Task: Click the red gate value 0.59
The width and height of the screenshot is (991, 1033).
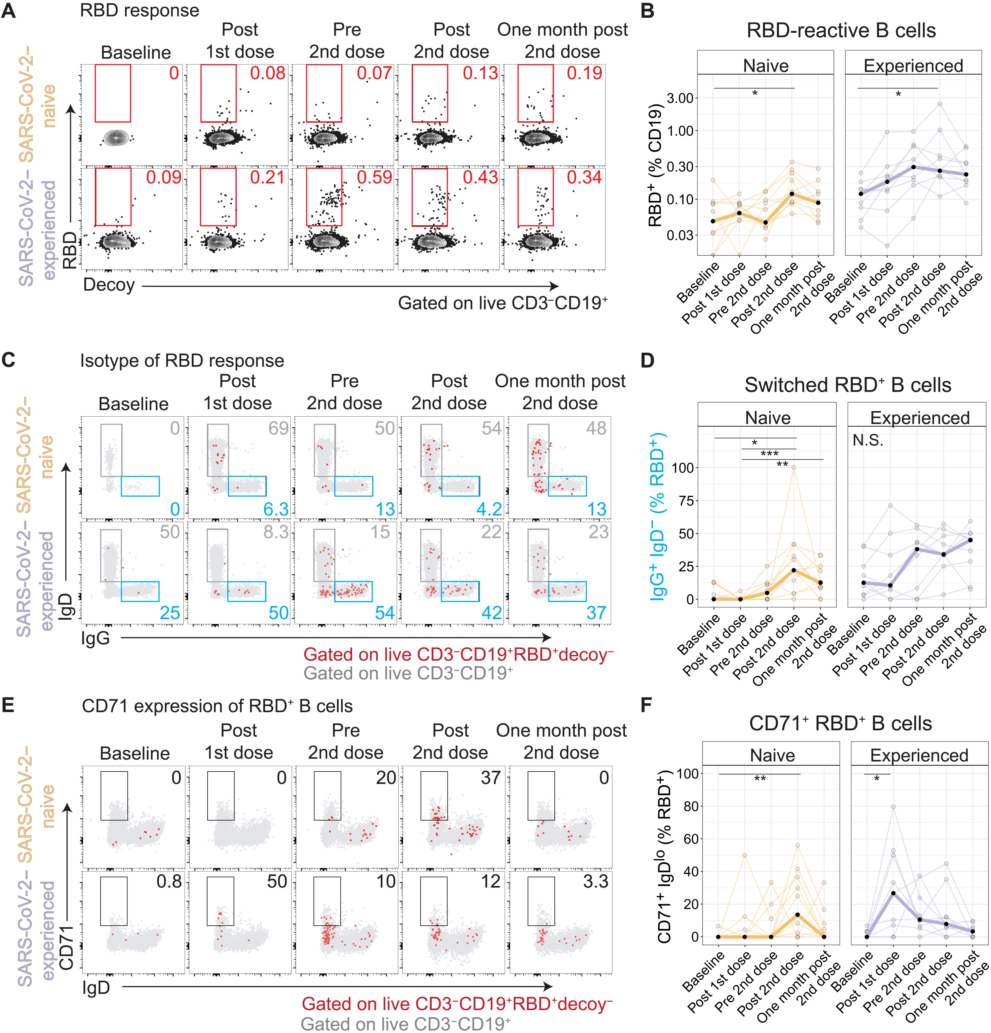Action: coord(374,177)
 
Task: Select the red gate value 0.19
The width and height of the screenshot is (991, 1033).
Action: coord(584,73)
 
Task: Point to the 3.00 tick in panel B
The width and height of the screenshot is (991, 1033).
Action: coord(680,98)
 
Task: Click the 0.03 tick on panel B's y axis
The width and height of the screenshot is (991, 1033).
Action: coord(680,235)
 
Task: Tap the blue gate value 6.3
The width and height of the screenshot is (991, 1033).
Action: coord(276,509)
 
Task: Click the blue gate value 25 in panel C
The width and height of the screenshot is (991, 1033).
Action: coord(170,613)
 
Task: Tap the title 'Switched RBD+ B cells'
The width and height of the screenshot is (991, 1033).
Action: coord(848,385)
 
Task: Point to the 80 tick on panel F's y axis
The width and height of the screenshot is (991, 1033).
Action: coord(690,806)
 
